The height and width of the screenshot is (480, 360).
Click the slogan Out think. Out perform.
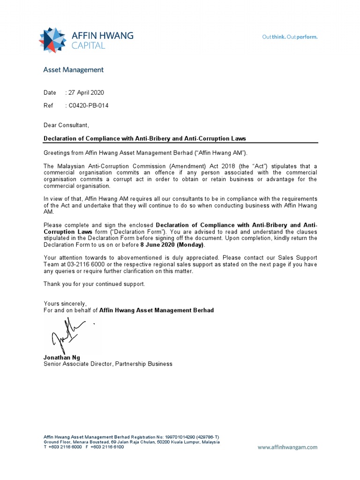(x=289, y=37)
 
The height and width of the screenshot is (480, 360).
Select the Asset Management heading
(x=73, y=70)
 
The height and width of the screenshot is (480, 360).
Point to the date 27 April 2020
(x=86, y=93)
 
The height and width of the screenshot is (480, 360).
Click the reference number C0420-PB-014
(x=89, y=105)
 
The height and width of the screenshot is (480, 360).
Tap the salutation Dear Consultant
(x=66, y=125)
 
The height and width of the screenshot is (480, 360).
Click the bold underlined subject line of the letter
(x=144, y=139)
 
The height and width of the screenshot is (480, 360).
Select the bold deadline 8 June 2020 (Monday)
(x=172, y=245)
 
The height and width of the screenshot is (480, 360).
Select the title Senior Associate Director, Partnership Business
(x=108, y=364)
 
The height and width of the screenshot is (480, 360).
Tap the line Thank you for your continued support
(x=94, y=284)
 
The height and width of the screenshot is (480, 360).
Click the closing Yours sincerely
(x=65, y=303)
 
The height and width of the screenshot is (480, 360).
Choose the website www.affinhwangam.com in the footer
(x=287, y=447)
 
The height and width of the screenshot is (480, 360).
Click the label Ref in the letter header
(x=48, y=105)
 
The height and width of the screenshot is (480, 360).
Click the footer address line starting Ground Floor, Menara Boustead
(x=131, y=442)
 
